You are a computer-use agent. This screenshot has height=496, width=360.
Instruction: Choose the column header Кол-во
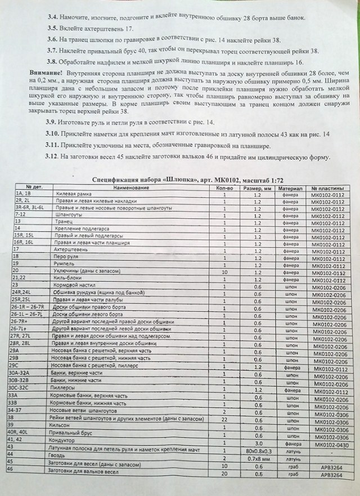(224, 186)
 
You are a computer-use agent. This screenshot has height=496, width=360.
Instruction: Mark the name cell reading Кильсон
(64, 427)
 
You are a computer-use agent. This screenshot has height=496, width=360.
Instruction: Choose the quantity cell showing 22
(224, 419)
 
